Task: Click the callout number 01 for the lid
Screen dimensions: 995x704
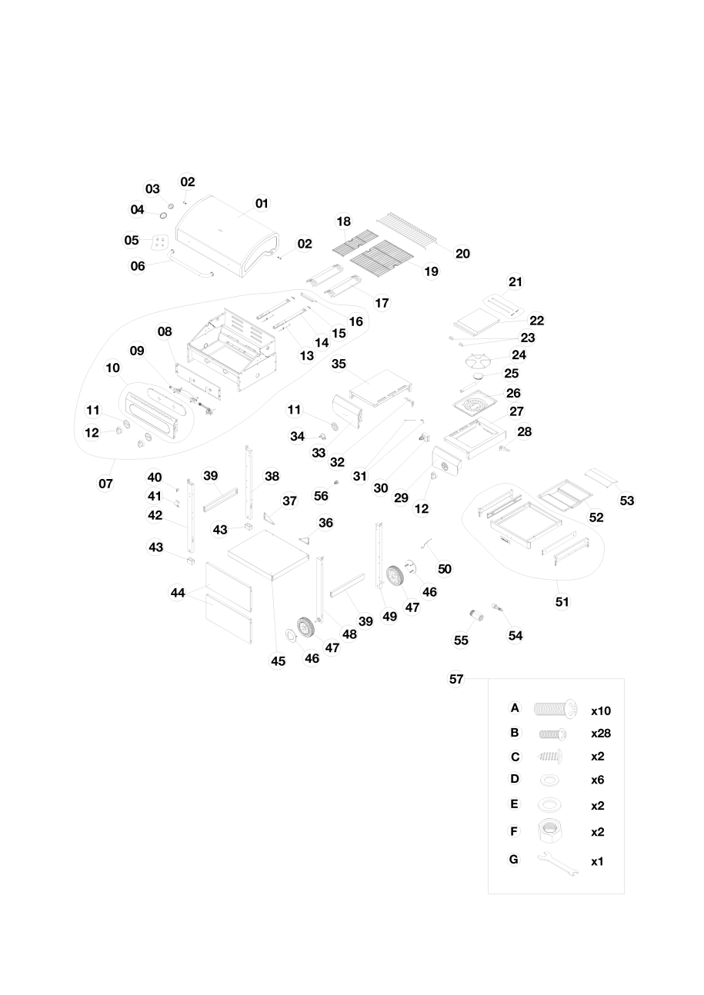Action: [x=262, y=203]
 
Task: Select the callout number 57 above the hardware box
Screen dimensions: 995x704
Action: [x=456, y=679]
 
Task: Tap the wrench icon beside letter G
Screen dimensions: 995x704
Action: [x=558, y=862]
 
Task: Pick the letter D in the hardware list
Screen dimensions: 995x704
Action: [x=515, y=779]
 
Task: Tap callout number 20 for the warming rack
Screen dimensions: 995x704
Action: [x=462, y=253]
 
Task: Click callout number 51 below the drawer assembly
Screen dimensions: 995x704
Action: [x=562, y=601]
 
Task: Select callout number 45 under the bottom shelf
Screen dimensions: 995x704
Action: [x=279, y=661]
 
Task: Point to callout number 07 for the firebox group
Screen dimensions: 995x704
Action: [x=105, y=484]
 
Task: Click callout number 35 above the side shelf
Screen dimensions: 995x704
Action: [x=339, y=364]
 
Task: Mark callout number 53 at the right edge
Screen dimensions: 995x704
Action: [x=627, y=501]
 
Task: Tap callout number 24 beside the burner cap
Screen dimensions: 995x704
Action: [x=519, y=355]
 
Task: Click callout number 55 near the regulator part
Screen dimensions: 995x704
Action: [x=461, y=640]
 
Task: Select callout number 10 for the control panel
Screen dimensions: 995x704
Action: [x=112, y=368]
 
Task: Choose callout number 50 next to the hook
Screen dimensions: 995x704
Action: [x=445, y=569]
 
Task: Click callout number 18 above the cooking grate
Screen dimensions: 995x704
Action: [x=343, y=221]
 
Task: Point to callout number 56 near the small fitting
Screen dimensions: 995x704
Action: [x=321, y=497]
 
